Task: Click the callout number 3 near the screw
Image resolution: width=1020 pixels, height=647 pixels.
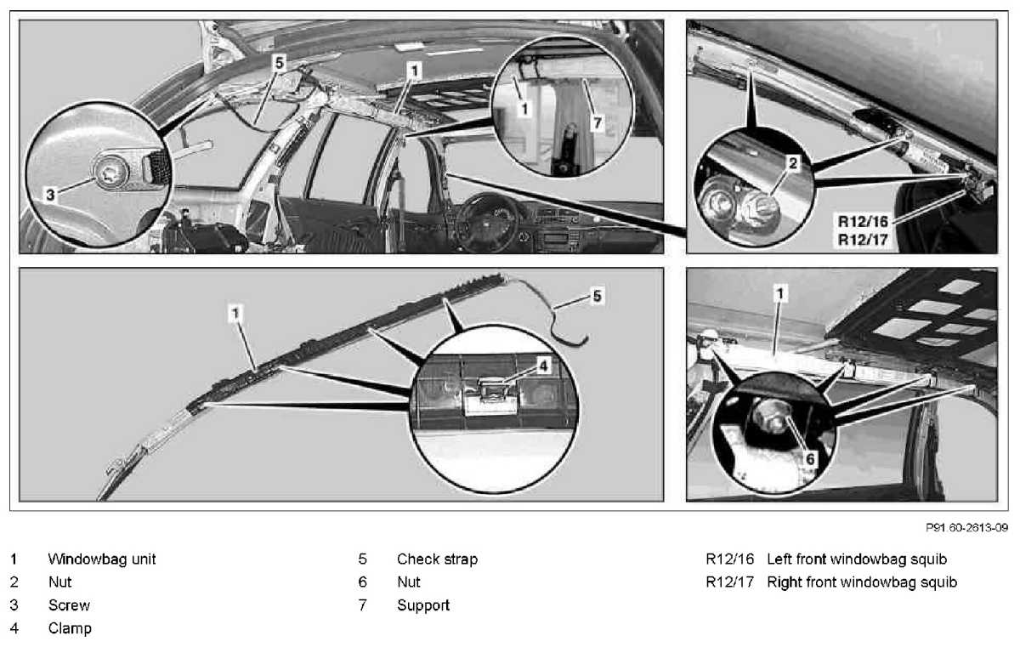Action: (x=50, y=195)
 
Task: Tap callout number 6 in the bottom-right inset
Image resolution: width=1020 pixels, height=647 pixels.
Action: (x=810, y=457)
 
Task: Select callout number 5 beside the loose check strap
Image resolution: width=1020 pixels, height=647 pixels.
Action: (x=598, y=298)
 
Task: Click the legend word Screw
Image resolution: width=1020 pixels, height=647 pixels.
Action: (x=69, y=605)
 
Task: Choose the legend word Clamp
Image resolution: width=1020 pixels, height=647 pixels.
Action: (x=70, y=628)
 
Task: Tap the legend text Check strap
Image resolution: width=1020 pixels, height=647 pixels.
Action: (x=437, y=559)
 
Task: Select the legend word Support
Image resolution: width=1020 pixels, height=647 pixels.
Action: (x=423, y=605)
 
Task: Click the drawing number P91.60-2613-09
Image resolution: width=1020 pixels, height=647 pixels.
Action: (x=966, y=528)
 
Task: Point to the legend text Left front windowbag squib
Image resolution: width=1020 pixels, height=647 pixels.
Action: (x=856, y=559)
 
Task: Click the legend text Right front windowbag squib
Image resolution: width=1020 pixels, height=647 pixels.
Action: (x=861, y=582)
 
